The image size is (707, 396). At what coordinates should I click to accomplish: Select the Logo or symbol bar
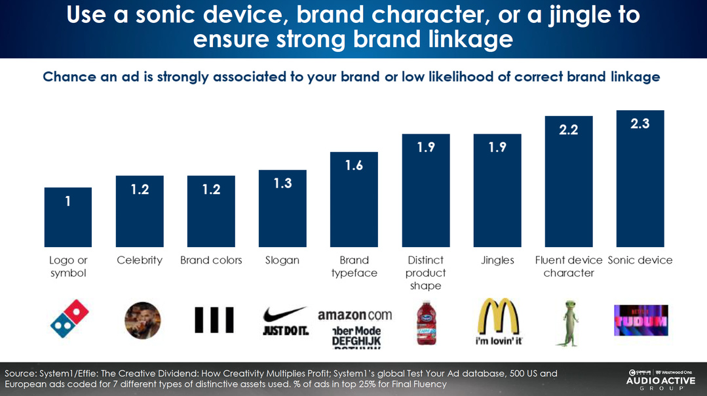pyautogui.click(x=68, y=217)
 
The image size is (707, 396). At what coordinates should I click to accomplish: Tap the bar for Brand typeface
pyautogui.click(x=354, y=199)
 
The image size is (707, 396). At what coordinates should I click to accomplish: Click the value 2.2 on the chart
pyautogui.click(x=568, y=130)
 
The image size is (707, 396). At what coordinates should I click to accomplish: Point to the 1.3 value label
pyautogui.click(x=282, y=184)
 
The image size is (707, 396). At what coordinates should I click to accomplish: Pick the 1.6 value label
pyautogui.click(x=354, y=165)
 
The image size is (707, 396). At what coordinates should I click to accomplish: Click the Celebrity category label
pyautogui.click(x=140, y=260)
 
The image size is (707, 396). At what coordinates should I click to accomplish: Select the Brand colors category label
pyautogui.click(x=211, y=260)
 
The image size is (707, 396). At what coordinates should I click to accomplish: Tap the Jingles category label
pyautogui.click(x=497, y=260)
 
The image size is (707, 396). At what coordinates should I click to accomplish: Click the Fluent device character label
pyautogui.click(x=568, y=266)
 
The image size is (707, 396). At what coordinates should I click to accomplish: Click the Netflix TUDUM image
pyautogui.click(x=640, y=321)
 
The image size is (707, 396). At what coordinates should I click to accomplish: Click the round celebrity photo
pyautogui.click(x=142, y=321)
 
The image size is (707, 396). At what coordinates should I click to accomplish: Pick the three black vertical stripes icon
pyautogui.click(x=214, y=320)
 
